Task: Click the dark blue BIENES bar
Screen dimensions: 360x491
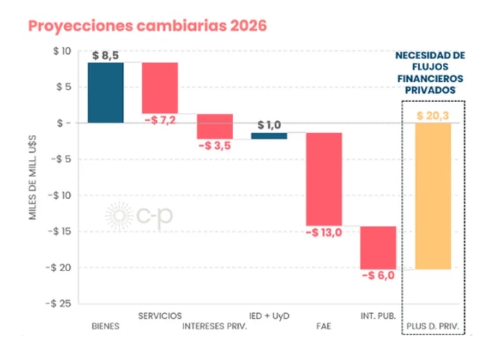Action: coord(105,92)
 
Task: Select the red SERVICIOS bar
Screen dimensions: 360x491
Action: coord(160,87)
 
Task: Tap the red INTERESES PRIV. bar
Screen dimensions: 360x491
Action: coord(215,126)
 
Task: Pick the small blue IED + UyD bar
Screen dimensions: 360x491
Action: coord(269,136)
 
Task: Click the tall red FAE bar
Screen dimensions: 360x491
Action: coord(324,178)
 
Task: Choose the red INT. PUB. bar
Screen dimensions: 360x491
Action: coord(378,247)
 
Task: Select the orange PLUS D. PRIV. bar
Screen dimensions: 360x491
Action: coord(433,195)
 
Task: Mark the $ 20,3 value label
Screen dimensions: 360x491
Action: coord(433,115)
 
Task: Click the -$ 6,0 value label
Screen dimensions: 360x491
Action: coord(378,275)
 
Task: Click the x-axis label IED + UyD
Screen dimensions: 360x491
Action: coord(268,316)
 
